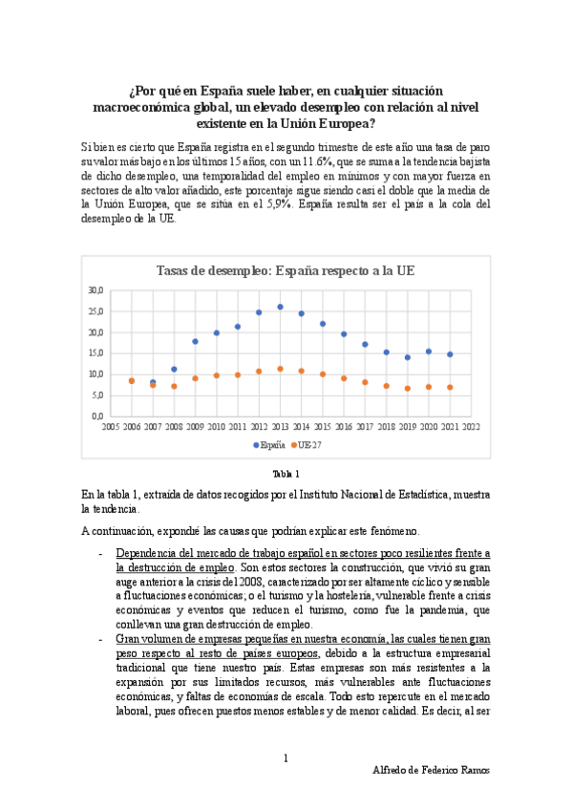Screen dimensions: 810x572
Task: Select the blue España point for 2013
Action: tap(280, 307)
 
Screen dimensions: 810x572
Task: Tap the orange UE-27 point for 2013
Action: tap(280, 369)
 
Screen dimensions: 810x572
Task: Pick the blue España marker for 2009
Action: tap(195, 341)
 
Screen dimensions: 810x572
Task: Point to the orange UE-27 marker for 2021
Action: tap(450, 387)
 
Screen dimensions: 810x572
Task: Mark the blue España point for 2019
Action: tap(407, 357)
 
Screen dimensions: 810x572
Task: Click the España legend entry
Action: tap(269, 445)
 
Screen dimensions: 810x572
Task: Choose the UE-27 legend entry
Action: tap(307, 445)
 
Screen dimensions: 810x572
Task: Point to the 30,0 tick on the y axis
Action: tap(95, 289)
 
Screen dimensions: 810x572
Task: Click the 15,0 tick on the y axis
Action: tap(95, 353)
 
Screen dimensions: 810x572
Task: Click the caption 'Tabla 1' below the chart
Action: tap(286, 474)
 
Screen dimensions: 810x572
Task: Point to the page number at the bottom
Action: tap(286, 758)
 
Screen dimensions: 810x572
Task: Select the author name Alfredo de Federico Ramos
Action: tap(431, 771)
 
